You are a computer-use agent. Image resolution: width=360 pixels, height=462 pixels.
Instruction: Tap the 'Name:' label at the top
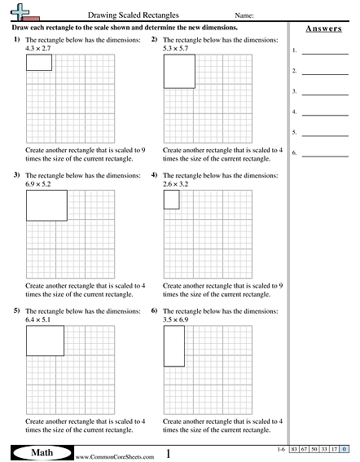244,15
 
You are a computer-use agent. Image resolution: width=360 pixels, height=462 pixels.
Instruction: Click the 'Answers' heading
323,29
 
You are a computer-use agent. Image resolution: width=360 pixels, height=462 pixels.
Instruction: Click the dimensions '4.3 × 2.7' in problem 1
38,49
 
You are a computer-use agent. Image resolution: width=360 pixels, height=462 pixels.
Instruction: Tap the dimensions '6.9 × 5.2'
38,184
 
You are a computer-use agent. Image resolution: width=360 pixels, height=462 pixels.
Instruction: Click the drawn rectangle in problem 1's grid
38,63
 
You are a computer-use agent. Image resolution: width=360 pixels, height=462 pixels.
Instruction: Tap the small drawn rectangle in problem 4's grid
171,200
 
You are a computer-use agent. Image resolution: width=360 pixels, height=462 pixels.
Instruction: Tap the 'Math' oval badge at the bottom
41,453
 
